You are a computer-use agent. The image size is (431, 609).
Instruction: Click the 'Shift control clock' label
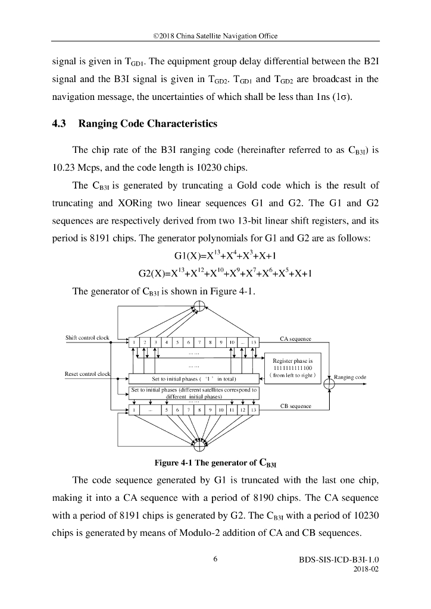pyautogui.click(x=88, y=338)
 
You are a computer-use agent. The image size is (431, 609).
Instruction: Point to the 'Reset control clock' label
pyautogui.click(x=88, y=373)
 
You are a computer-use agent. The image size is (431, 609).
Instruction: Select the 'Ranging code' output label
pyautogui.click(x=351, y=377)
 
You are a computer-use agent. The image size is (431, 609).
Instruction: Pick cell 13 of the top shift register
pyautogui.click(x=254, y=343)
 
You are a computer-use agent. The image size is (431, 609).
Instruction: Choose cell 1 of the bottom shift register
pyautogui.click(x=135, y=410)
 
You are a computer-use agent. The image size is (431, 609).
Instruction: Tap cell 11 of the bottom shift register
pyautogui.click(x=232, y=410)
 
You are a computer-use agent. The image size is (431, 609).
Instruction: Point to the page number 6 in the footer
pyautogui.click(x=215, y=560)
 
